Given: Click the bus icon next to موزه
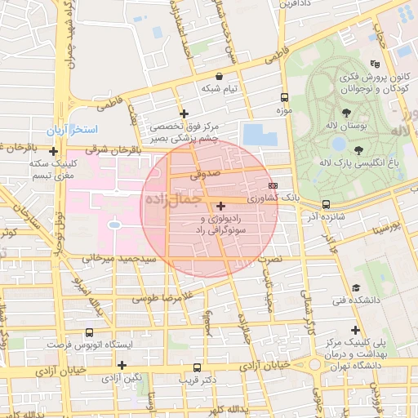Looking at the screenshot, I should point(284,96).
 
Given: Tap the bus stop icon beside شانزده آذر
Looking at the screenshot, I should point(327,204).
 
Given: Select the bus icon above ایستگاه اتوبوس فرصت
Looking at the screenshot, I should point(89,332).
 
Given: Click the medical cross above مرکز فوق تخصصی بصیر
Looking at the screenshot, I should point(184,113).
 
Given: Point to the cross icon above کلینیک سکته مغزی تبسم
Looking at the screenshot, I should point(54,151).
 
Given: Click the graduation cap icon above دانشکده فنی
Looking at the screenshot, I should point(356,287).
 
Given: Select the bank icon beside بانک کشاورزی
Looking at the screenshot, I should point(273,185).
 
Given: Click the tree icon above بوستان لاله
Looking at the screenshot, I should point(347,112).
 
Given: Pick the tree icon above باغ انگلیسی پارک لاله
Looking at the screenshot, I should point(359,149).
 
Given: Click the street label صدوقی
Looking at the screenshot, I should point(205,173).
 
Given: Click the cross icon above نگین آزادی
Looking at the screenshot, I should point(122,365).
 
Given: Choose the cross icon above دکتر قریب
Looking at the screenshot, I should point(198,367).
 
